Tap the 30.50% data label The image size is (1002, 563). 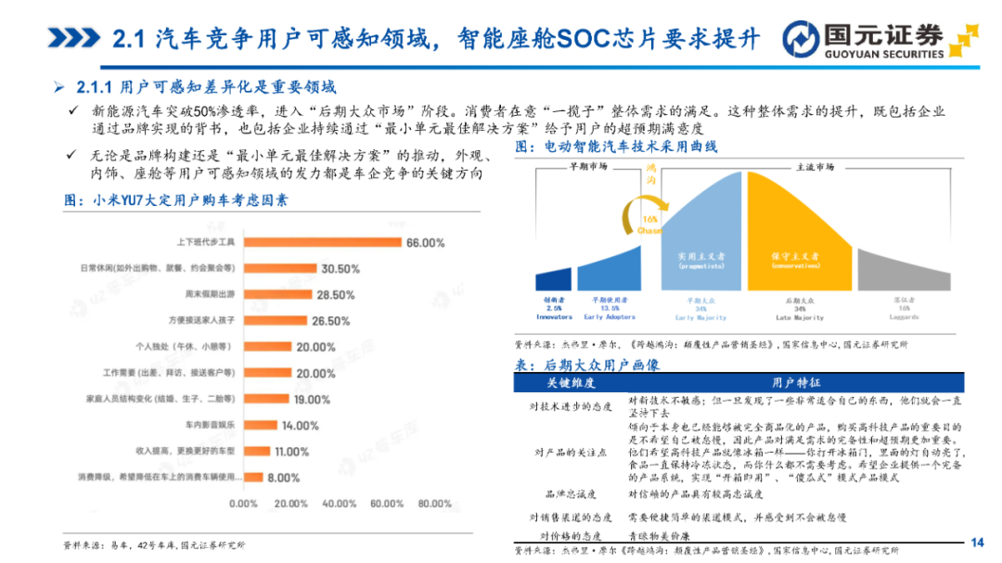click(340, 269)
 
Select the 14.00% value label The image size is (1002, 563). click(300, 426)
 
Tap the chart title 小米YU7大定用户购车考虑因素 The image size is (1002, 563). click(176, 199)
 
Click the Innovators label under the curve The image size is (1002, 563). click(554, 316)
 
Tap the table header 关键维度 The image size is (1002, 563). click(570, 383)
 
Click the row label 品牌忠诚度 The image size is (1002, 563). click(570, 494)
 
